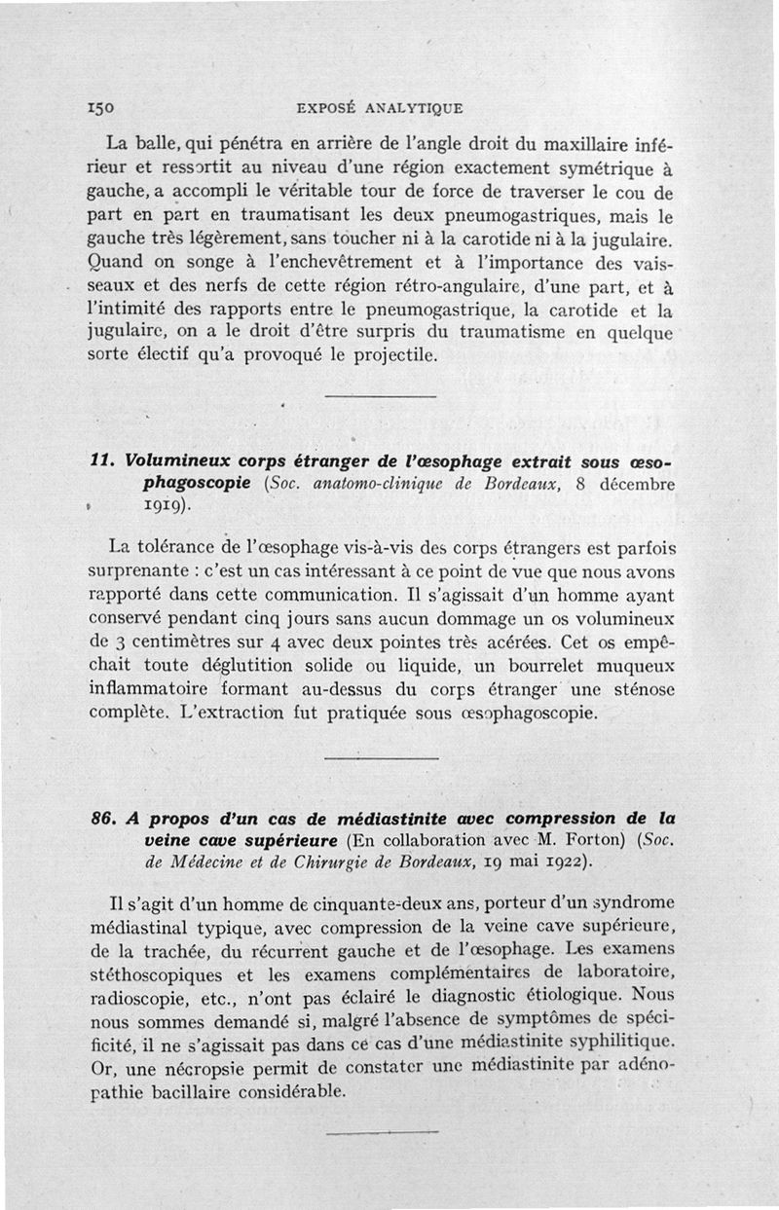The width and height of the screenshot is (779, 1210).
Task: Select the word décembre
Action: pos(637,484)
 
